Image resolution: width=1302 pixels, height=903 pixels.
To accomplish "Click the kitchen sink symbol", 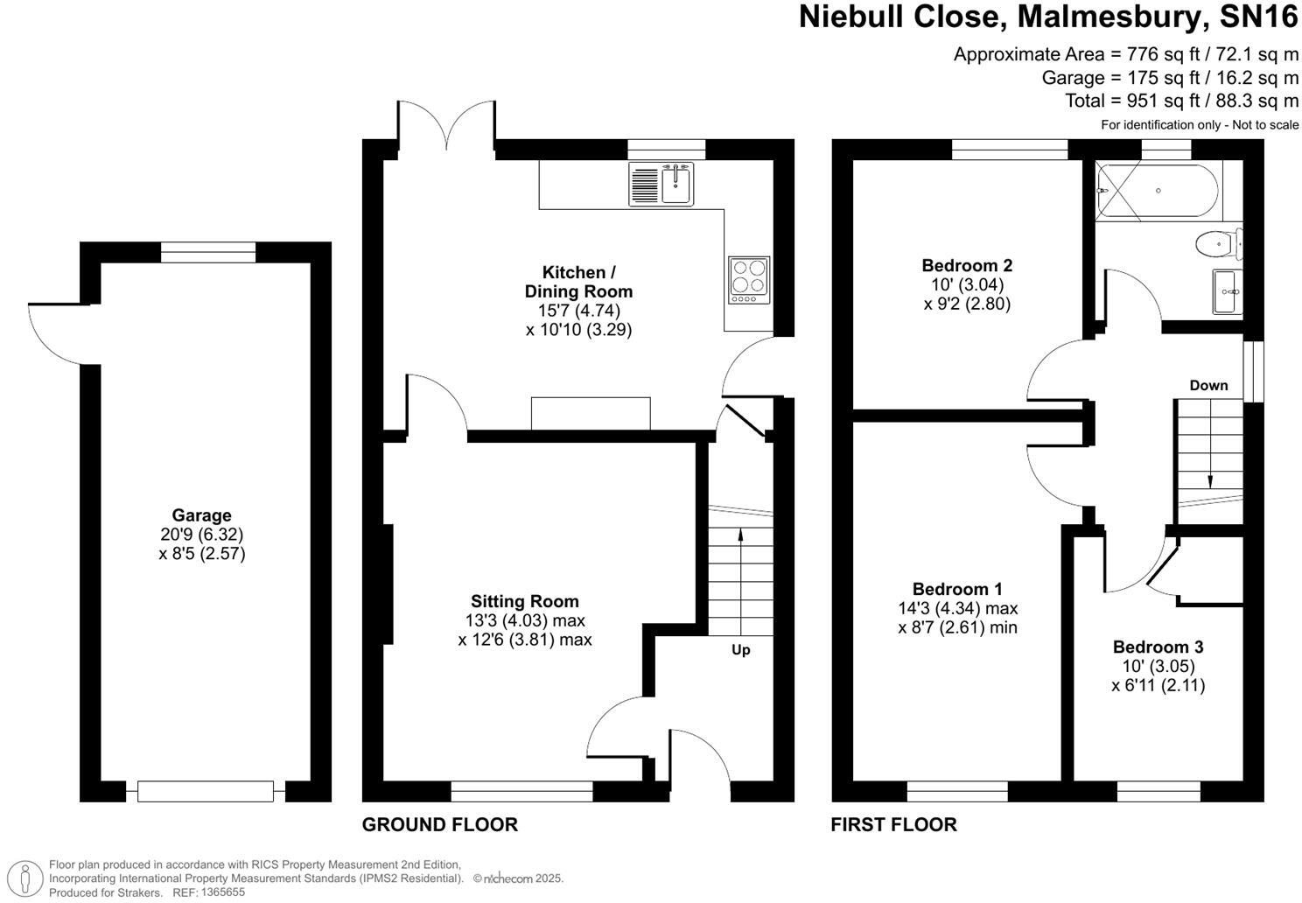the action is click(661, 185).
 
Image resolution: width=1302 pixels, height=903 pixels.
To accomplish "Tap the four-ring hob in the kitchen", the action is click(750, 280).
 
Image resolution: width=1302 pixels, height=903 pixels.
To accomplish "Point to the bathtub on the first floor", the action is click(1156, 192).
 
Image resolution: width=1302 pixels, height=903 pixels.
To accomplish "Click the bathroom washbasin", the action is click(1227, 290).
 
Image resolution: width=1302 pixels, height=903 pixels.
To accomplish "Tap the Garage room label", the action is click(201, 515).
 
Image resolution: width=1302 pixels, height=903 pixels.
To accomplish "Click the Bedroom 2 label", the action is click(967, 265).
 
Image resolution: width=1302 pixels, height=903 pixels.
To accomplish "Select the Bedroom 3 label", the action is click(1158, 647).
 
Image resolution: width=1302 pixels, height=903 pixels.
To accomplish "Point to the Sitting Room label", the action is click(524, 601).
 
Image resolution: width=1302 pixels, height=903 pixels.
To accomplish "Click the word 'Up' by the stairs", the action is click(741, 650).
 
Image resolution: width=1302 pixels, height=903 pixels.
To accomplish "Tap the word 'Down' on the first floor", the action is click(1208, 385).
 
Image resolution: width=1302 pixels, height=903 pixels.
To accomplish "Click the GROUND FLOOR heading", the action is click(439, 824).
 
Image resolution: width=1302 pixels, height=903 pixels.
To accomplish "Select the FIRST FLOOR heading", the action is click(893, 824).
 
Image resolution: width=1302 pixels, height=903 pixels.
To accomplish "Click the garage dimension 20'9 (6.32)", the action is click(201, 535).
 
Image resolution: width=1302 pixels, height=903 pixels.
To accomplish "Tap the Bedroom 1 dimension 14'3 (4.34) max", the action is click(965, 608).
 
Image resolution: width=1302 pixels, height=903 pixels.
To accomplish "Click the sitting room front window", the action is click(521, 792).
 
